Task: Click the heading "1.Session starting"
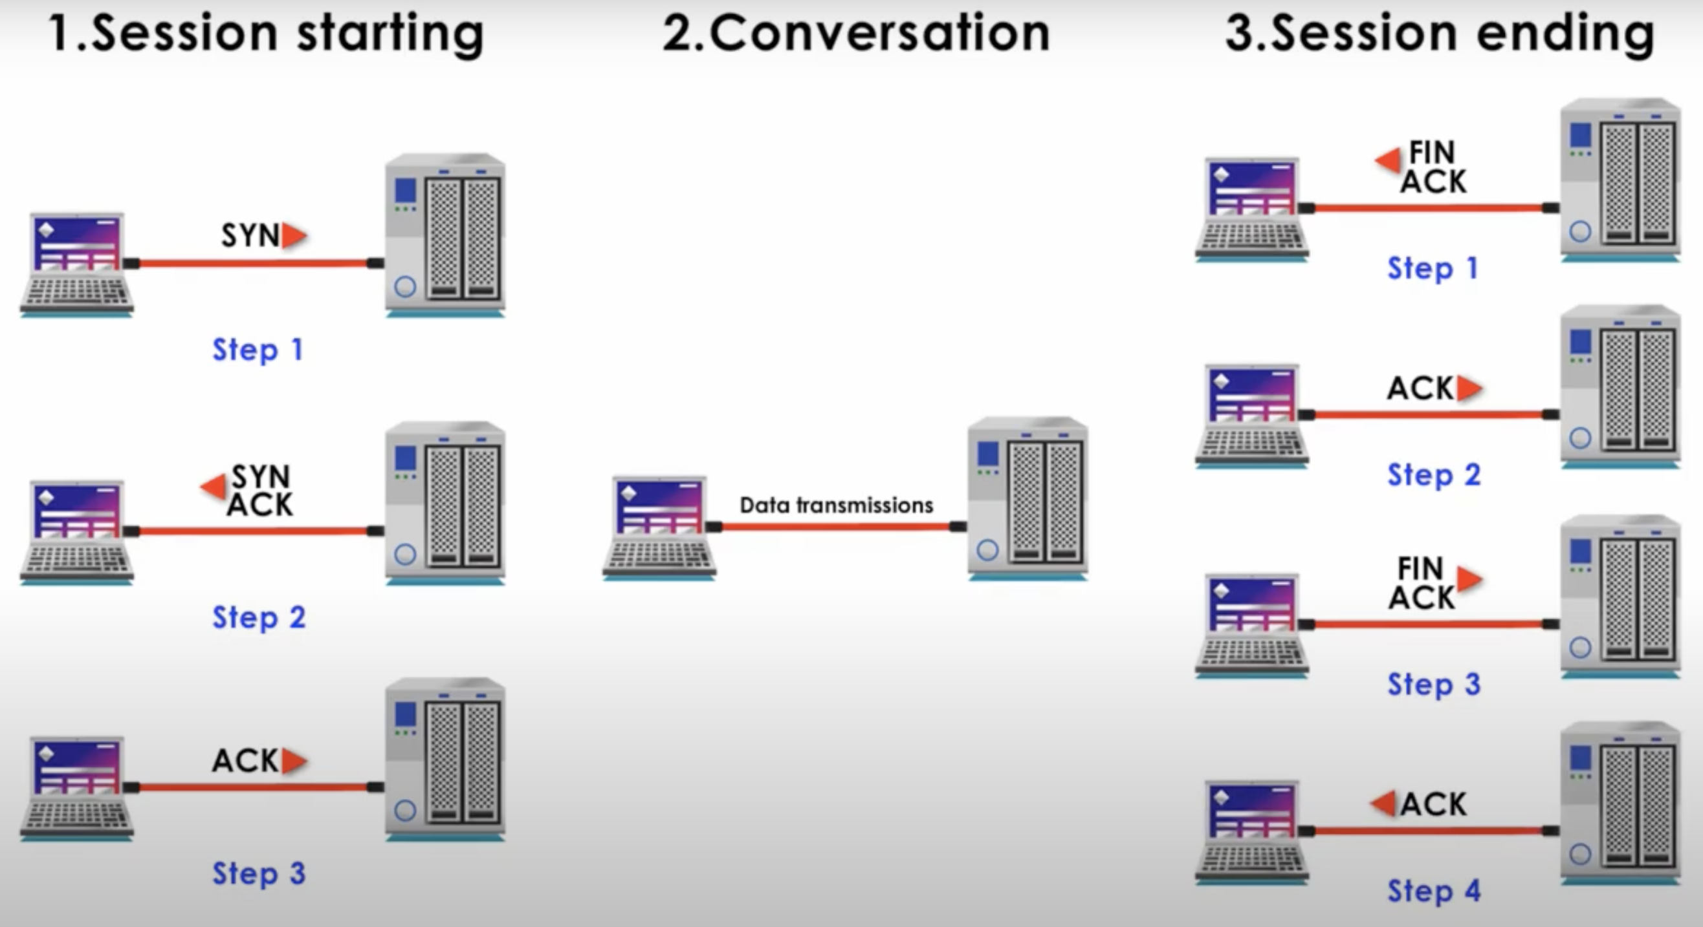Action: pyautogui.click(x=267, y=33)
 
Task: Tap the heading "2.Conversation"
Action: pyautogui.click(x=856, y=33)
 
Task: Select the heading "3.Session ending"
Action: pyautogui.click(x=1439, y=33)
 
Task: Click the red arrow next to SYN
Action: pyautogui.click(x=294, y=236)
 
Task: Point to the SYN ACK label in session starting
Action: pyautogui.click(x=260, y=490)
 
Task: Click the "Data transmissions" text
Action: pyautogui.click(x=836, y=506)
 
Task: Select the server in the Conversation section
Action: pyautogui.click(x=1027, y=498)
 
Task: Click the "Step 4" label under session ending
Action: pyautogui.click(x=1433, y=891)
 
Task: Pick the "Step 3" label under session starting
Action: pyautogui.click(x=259, y=873)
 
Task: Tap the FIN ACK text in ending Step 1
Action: pyautogui.click(x=1433, y=167)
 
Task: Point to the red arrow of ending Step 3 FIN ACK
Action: pyautogui.click(x=1469, y=579)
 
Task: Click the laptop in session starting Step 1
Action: pyautogui.click(x=78, y=264)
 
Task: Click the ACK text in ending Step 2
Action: pyautogui.click(x=1420, y=389)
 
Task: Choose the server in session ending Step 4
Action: pyautogui.click(x=1620, y=803)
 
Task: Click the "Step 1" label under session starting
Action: pyautogui.click(x=257, y=350)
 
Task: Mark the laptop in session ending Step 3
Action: pyautogui.click(x=1251, y=624)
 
